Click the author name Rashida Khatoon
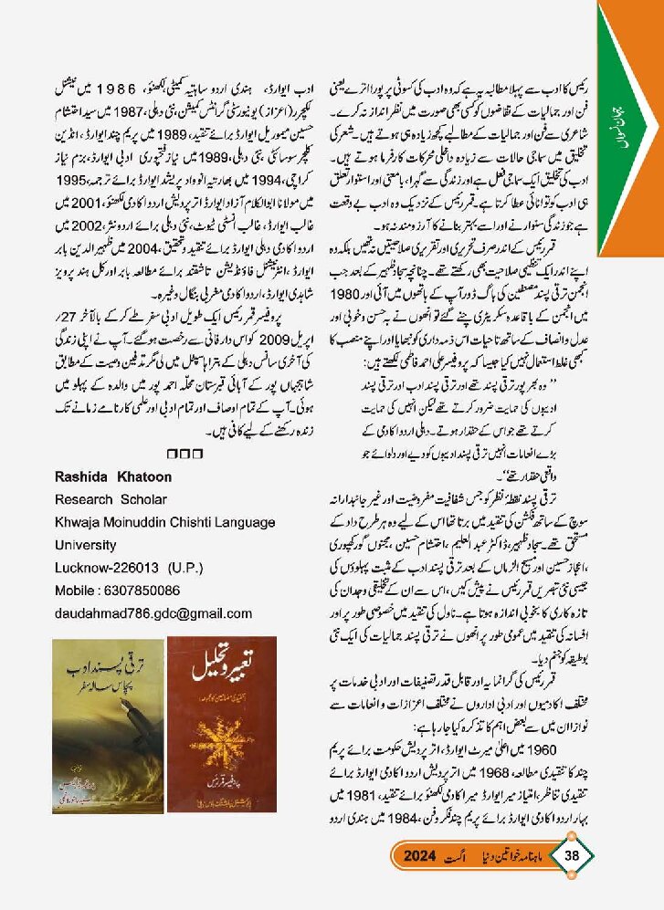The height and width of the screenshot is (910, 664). point(113,477)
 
